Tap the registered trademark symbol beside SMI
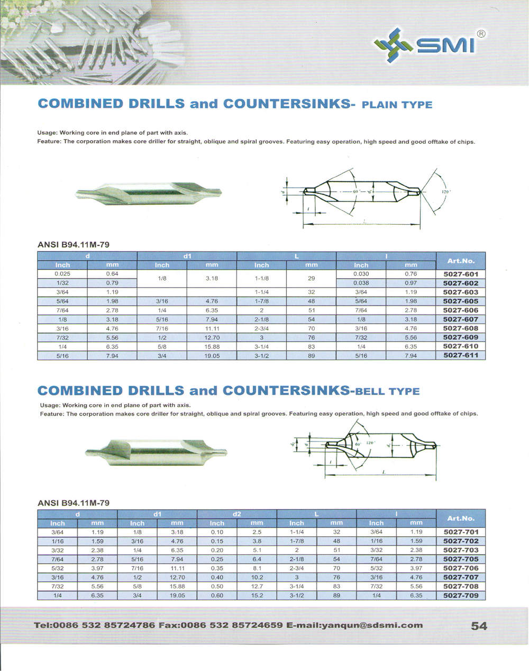coord(481,33)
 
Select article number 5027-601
coord(460,274)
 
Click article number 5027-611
coord(460,355)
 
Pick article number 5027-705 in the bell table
coord(460,559)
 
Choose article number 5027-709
coord(460,595)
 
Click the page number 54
coord(479,626)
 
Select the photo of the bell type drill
coord(156,453)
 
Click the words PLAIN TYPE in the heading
coord(396,105)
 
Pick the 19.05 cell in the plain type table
coord(212,356)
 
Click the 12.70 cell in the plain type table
coord(212,337)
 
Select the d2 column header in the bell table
coord(236,513)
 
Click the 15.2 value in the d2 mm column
coord(257,595)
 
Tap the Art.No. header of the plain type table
coord(460,261)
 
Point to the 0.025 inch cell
coord(62,274)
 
